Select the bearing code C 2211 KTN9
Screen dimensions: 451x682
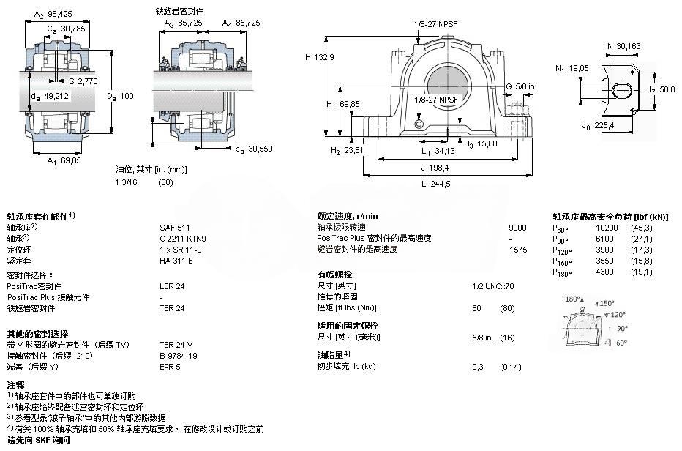click(183, 238)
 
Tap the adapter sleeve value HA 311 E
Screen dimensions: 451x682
click(176, 260)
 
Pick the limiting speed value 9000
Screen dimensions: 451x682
click(517, 228)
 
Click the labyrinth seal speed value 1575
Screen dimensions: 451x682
click(517, 249)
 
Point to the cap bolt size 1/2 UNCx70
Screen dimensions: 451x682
click(493, 286)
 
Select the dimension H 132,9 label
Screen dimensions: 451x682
click(320, 57)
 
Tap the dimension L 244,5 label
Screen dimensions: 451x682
click(436, 184)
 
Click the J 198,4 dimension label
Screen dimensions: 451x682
click(435, 168)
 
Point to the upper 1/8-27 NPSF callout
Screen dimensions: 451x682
click(435, 23)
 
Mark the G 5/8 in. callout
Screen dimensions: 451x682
click(521, 86)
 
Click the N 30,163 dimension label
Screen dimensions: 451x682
click(623, 46)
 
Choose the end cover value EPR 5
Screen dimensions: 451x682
click(170, 365)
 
